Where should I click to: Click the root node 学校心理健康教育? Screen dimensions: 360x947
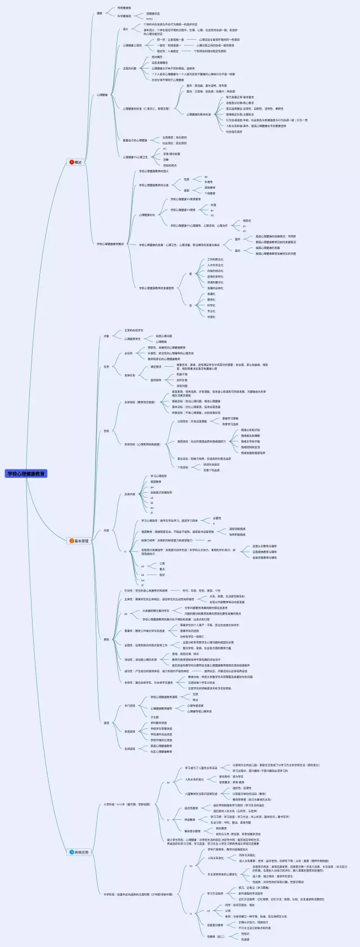[x=26, y=474]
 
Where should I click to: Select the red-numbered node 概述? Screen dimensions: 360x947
[x=76, y=162]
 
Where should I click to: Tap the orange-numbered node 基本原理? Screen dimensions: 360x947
[x=80, y=540]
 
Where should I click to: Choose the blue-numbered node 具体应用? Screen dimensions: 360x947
[x=80, y=852]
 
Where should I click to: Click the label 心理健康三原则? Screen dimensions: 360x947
[x=133, y=46]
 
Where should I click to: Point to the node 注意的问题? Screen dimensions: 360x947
[x=129, y=69]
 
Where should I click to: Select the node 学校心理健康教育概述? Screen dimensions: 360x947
[x=110, y=244]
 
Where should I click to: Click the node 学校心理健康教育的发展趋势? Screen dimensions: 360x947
[x=156, y=288]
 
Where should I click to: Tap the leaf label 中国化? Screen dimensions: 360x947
[x=211, y=317]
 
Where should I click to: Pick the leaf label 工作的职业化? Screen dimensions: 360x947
[x=215, y=259]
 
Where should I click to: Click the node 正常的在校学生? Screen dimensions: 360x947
[x=133, y=330]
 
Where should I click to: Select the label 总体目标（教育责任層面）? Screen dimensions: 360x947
[x=139, y=402]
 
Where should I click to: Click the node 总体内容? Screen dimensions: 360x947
[x=129, y=494]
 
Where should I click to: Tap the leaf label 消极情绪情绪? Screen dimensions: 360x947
[x=237, y=534]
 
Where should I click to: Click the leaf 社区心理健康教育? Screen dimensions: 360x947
[x=161, y=751]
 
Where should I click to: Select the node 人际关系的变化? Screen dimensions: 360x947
[x=195, y=779]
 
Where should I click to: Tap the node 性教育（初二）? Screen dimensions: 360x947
[x=215, y=936]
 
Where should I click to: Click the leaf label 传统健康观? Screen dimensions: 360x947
[x=124, y=8]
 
